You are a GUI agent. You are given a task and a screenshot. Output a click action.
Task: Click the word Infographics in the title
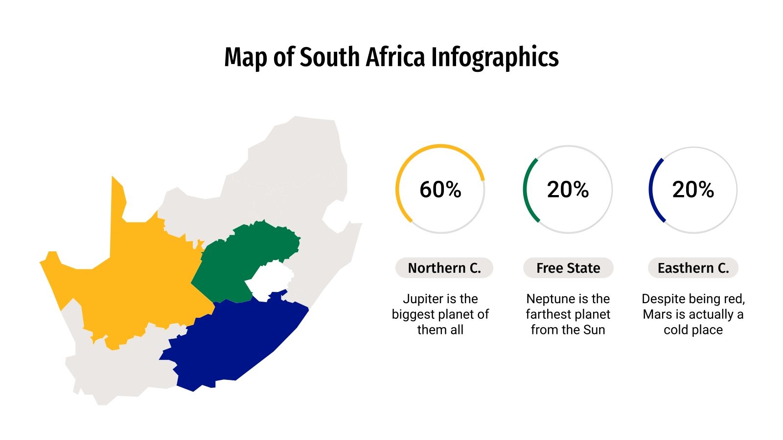(495, 57)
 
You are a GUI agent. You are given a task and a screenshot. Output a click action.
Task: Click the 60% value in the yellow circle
(440, 190)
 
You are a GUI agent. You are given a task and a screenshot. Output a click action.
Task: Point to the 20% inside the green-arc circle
(568, 190)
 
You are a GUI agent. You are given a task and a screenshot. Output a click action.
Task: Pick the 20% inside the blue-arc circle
(693, 190)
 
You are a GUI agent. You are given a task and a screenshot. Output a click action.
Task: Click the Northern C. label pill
(444, 268)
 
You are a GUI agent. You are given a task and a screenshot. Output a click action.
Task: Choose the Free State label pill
(568, 268)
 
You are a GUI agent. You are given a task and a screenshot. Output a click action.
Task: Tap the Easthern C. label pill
(693, 268)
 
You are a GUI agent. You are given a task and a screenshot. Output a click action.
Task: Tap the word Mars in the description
(657, 314)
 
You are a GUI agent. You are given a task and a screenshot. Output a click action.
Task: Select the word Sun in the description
(594, 330)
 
